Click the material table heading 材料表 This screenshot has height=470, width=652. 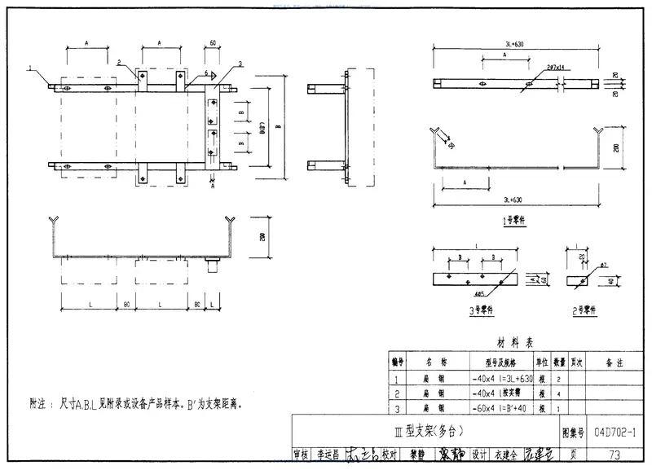[x=515, y=343]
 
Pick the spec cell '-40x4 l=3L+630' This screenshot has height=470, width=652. [x=502, y=379]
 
